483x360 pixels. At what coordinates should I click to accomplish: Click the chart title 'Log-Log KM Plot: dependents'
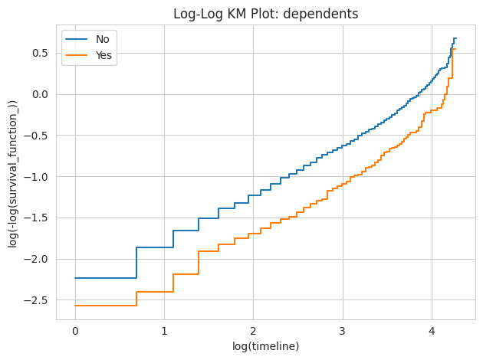click(x=264, y=14)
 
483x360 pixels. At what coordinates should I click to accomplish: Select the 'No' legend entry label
click(x=102, y=39)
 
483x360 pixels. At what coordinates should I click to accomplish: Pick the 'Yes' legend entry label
click(x=103, y=55)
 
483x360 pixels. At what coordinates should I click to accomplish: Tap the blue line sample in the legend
click(x=78, y=39)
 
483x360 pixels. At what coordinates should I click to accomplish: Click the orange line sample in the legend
click(x=78, y=55)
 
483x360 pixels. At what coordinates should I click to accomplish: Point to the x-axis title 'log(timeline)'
click(x=265, y=346)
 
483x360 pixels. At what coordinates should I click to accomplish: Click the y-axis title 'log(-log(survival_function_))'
click(x=13, y=173)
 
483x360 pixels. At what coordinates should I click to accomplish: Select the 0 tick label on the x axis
click(x=75, y=331)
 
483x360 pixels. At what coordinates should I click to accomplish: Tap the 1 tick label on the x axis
click(x=164, y=331)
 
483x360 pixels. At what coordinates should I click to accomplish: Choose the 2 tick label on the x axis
click(x=253, y=331)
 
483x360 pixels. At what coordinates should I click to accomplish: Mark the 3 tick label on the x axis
click(x=342, y=331)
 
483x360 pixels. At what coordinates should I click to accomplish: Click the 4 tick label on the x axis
click(x=431, y=331)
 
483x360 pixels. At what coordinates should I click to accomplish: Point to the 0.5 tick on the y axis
click(x=41, y=53)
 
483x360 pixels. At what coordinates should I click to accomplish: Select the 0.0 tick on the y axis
click(x=41, y=94)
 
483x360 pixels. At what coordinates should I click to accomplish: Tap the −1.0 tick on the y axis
click(x=38, y=176)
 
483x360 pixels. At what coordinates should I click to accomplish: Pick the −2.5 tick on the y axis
click(x=38, y=299)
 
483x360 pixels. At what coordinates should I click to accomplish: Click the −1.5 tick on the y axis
click(x=38, y=218)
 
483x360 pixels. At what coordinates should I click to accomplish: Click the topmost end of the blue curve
click(x=455, y=38)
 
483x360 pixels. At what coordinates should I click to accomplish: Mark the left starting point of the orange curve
click(x=75, y=306)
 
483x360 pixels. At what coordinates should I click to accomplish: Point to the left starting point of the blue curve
click(x=75, y=278)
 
